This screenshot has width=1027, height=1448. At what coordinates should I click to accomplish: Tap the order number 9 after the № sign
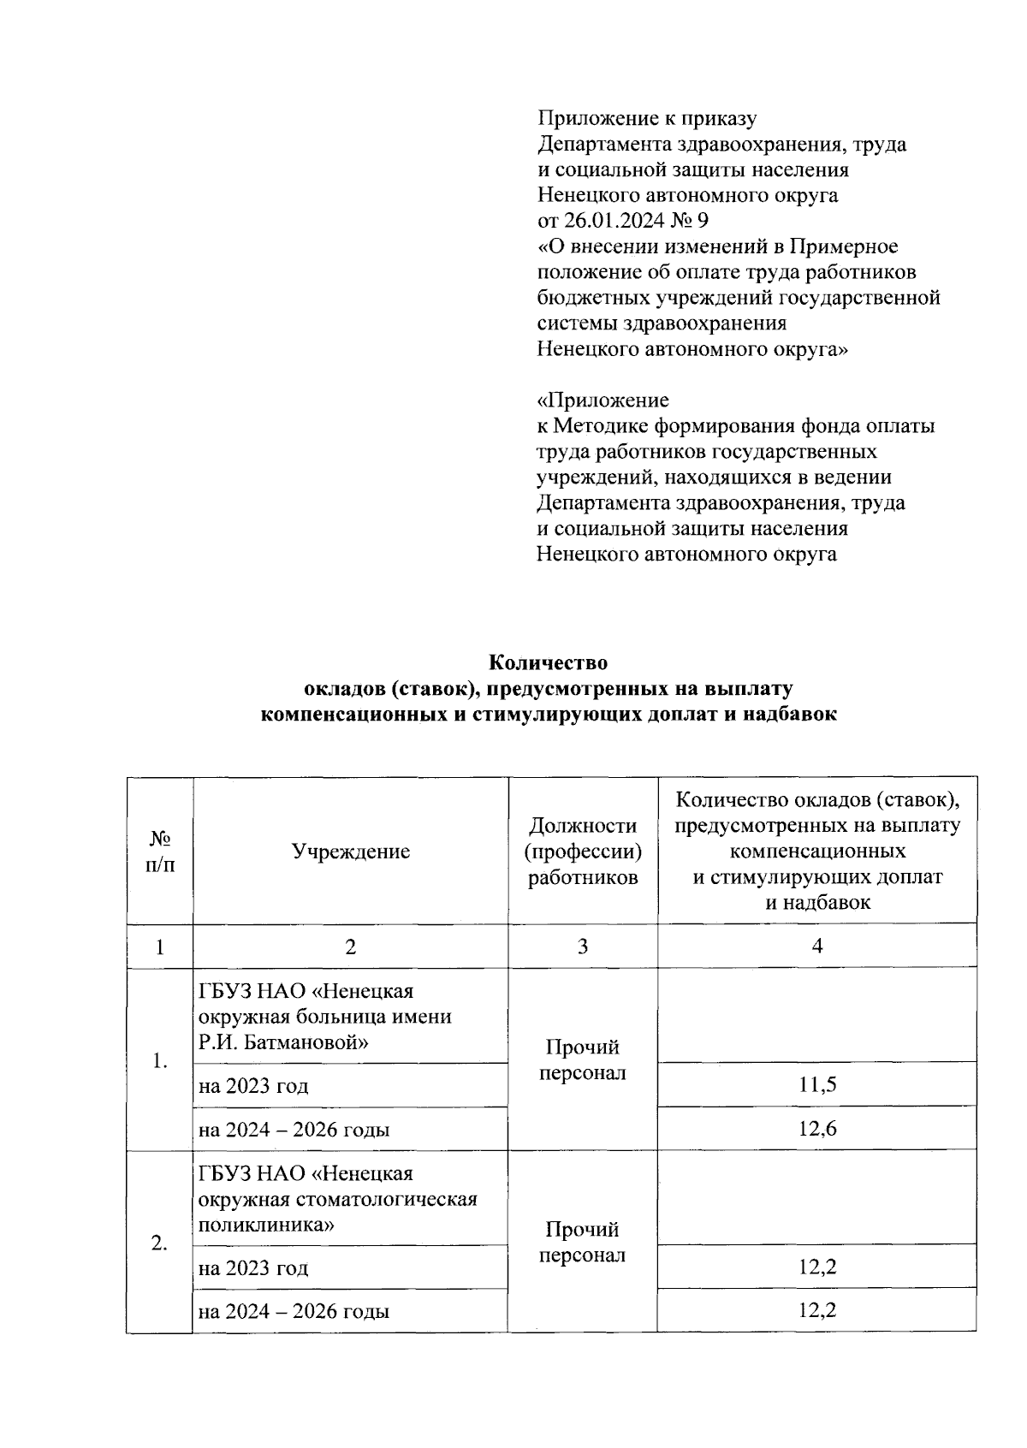click(703, 221)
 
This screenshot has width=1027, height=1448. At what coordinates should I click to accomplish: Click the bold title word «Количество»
click(548, 662)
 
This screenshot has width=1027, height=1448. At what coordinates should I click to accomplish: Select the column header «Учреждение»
click(351, 851)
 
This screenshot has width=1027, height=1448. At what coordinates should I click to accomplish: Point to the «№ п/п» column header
click(159, 851)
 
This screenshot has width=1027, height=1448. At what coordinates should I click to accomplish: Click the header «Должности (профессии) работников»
click(583, 851)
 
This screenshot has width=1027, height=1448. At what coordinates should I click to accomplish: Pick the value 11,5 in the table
click(817, 1085)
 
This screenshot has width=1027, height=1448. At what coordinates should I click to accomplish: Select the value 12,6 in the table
click(817, 1128)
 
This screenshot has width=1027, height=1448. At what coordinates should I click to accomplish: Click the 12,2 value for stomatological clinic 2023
click(817, 1267)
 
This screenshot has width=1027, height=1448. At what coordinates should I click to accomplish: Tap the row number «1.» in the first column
click(159, 1061)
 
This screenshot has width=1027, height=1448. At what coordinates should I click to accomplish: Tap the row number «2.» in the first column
click(159, 1243)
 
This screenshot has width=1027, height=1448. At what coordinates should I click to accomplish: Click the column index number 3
click(583, 947)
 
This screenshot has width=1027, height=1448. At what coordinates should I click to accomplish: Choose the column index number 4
click(817, 946)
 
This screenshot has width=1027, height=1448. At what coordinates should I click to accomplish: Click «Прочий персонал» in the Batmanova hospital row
click(583, 1060)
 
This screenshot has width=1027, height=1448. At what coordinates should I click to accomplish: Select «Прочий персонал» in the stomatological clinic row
click(583, 1243)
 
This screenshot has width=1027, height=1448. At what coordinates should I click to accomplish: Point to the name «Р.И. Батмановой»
click(283, 1042)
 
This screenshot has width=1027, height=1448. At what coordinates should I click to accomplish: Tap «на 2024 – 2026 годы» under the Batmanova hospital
click(294, 1129)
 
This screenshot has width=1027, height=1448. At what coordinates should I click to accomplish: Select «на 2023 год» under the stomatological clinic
click(253, 1267)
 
